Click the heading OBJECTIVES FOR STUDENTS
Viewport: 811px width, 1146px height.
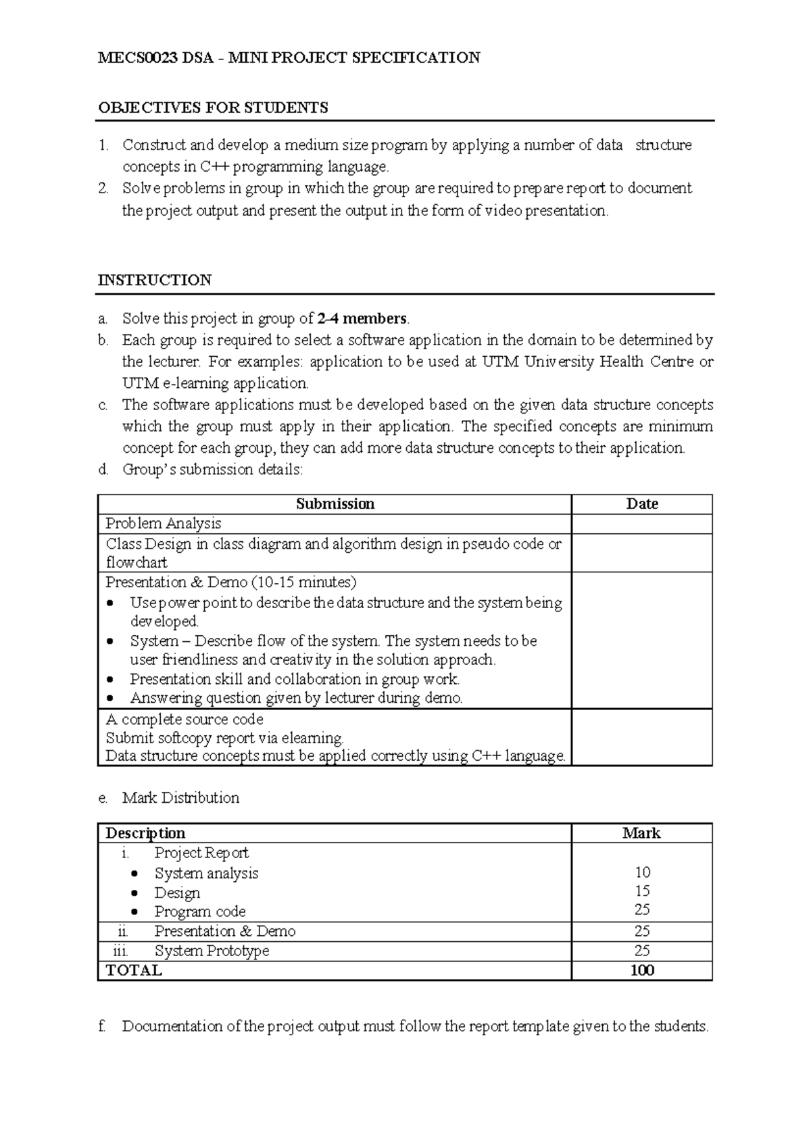tap(213, 107)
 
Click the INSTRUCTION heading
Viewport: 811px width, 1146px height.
tap(155, 280)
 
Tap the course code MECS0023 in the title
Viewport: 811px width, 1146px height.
tap(134, 57)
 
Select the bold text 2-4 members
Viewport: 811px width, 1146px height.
tap(362, 318)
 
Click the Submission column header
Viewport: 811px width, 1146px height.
tap(335, 504)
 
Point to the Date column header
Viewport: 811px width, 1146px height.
tap(642, 504)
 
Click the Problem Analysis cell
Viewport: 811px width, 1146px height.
tap(164, 524)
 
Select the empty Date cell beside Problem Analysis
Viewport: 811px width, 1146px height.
tap(642, 524)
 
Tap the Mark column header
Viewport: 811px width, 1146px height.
tap(641, 833)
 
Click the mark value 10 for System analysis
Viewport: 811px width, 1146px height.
tap(642, 872)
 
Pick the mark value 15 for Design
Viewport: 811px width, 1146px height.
tap(642, 891)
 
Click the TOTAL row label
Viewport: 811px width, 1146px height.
tap(134, 970)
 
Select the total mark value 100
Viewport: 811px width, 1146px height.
tap(642, 970)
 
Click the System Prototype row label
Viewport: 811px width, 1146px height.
tap(212, 951)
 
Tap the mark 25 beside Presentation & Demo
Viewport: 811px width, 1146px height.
tap(642, 931)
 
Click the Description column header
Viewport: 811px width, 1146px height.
tap(145, 833)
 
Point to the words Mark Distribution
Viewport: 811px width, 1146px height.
tap(180, 798)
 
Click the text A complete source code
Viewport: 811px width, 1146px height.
tap(185, 719)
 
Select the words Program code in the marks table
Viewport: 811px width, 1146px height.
tap(200, 912)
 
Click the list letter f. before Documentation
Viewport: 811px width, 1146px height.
tap(102, 1026)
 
